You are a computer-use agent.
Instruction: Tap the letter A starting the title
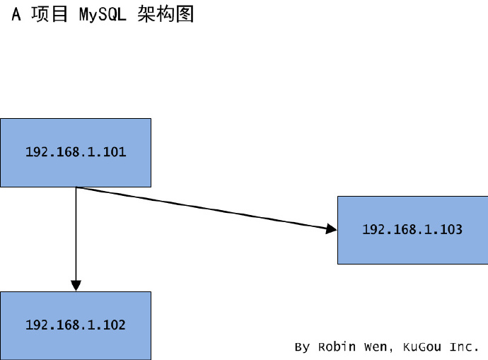[17, 15]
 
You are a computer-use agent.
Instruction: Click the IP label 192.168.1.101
[76, 151]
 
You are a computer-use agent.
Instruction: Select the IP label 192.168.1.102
[76, 325]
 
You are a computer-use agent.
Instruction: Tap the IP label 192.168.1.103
[412, 229]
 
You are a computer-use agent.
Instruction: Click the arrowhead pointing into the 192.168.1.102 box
[76, 284]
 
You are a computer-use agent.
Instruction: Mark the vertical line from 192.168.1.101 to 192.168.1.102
[76, 233]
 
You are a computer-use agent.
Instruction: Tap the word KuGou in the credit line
[422, 347]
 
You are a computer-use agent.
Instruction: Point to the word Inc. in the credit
[464, 347]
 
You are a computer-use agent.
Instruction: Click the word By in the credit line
[302, 347]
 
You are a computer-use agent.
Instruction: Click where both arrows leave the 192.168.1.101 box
[76, 187]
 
